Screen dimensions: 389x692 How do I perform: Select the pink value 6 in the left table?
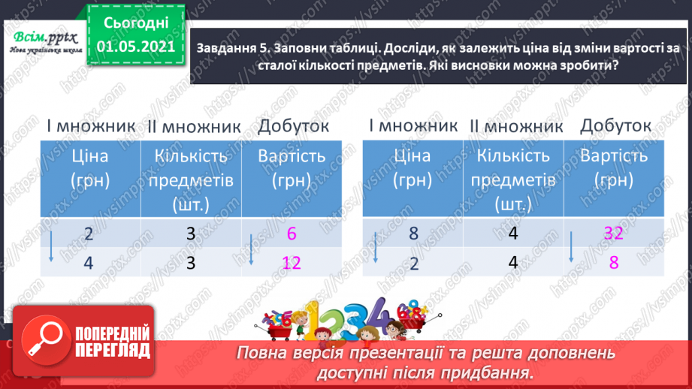tap(292, 234)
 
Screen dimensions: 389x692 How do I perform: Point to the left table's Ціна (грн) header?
tap(89, 168)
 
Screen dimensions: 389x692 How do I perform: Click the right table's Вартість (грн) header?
tap(615, 168)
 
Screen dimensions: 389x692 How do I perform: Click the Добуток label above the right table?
tap(615, 125)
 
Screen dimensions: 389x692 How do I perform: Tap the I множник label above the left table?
tap(88, 125)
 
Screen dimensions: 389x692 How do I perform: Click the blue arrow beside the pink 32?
tap(572, 246)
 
